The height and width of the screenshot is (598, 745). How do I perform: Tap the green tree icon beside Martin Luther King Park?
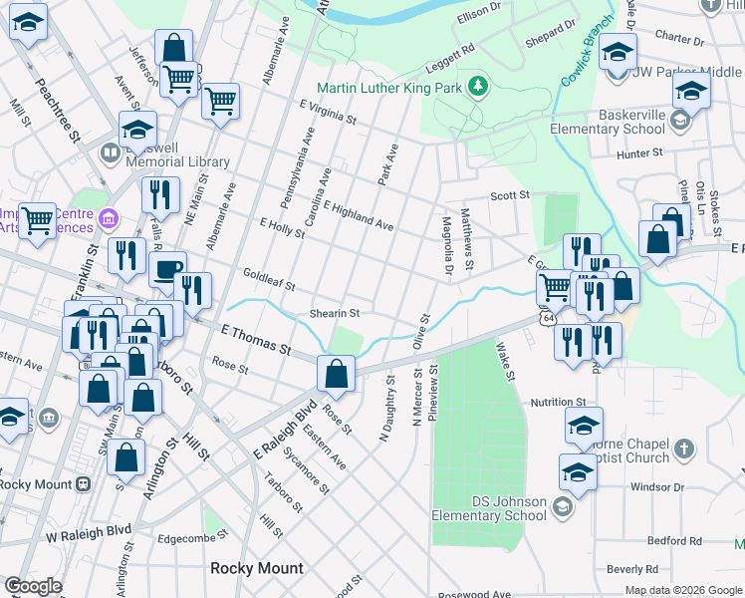(478, 87)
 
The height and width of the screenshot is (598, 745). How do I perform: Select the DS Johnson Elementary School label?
(488, 508)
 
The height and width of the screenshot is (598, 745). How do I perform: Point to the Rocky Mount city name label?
(256, 568)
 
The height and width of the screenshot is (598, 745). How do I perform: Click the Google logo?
(33, 585)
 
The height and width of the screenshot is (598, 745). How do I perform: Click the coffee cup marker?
(167, 269)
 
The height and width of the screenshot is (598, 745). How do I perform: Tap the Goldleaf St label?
(268, 280)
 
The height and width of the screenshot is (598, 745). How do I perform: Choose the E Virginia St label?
(326, 112)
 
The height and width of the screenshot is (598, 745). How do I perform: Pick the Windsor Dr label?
(658, 487)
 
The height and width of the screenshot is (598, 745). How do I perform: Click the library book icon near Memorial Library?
(108, 154)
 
